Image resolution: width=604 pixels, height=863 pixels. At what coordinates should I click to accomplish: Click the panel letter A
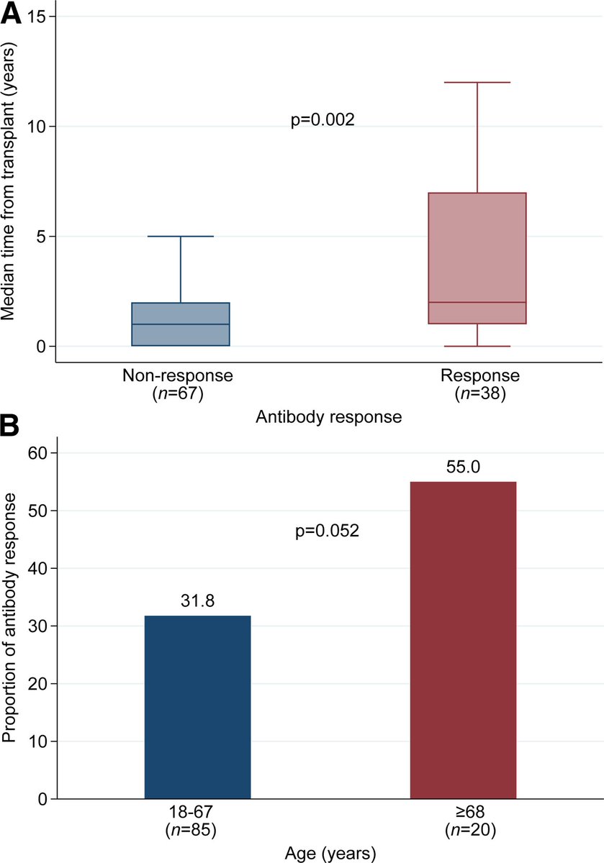[x=12, y=12]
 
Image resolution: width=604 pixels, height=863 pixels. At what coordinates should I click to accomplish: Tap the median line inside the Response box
[x=477, y=303]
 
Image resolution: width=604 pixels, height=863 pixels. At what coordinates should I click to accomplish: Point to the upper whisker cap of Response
[x=477, y=83]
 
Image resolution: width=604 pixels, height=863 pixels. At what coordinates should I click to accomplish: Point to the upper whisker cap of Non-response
[x=180, y=237]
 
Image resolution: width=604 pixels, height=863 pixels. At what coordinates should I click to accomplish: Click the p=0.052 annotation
[x=327, y=531]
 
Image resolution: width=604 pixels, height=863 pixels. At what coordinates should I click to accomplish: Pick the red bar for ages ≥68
[x=463, y=640]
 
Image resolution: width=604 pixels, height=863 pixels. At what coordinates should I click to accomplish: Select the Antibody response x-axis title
[x=328, y=416]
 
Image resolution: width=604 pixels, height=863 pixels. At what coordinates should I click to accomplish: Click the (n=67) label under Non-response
[x=179, y=393]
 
